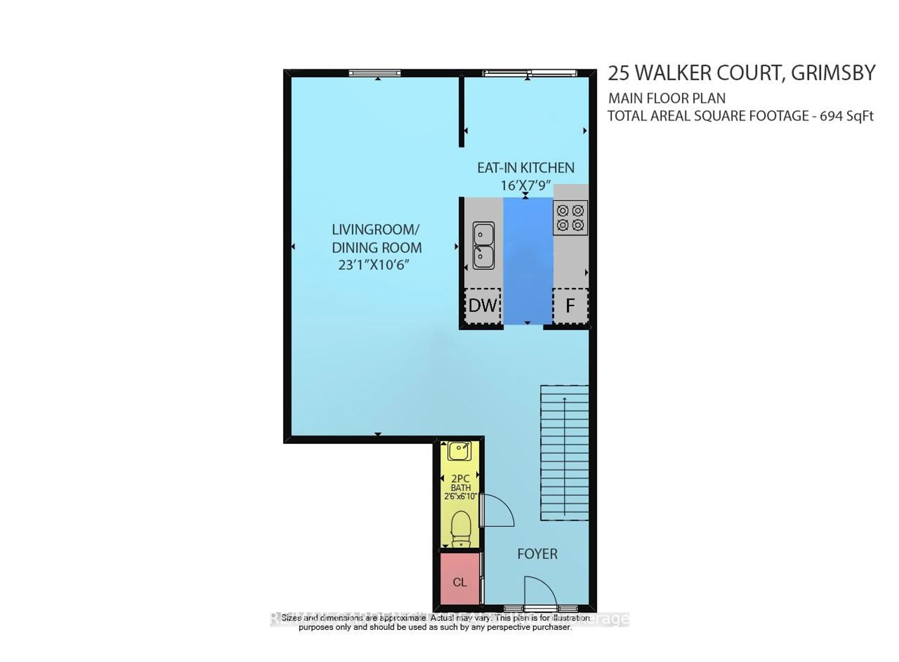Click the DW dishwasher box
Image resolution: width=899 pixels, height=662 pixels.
click(483, 306)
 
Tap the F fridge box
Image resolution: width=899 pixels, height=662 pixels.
click(570, 306)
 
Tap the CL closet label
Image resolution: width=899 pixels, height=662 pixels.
click(460, 582)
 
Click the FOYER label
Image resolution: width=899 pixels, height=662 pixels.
click(537, 554)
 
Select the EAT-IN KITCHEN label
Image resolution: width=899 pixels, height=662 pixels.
click(525, 168)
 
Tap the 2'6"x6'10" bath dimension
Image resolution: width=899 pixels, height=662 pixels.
click(461, 497)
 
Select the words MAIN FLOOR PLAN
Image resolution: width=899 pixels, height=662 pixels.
click(667, 98)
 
